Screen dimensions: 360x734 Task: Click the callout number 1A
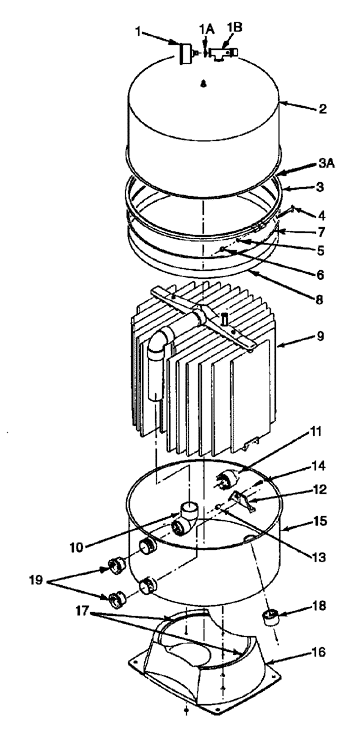[x=206, y=29]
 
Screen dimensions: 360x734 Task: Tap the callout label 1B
[x=235, y=27]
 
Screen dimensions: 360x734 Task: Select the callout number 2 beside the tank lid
[x=323, y=109]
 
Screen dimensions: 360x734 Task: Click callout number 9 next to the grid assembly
[x=320, y=336]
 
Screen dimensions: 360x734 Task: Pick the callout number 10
[x=79, y=546]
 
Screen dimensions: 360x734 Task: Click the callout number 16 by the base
[x=318, y=652]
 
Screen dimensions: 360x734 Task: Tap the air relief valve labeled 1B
[x=223, y=53]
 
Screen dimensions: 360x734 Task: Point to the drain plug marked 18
[x=269, y=617]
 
